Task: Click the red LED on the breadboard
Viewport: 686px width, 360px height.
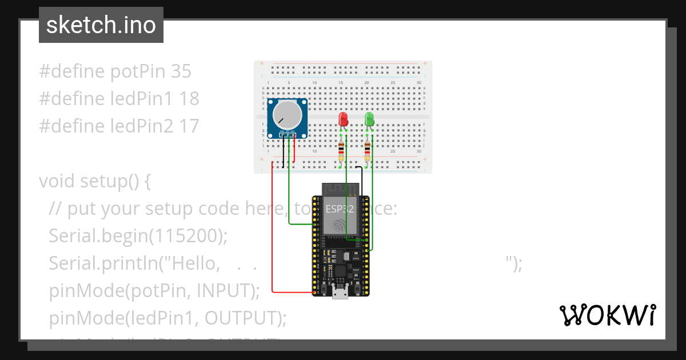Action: tap(344, 119)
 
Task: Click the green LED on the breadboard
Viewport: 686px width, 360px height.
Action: tap(369, 119)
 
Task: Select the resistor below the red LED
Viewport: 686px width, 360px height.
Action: tap(341, 151)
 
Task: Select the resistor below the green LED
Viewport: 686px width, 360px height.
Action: tap(367, 151)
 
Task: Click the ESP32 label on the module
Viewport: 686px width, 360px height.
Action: tap(340, 209)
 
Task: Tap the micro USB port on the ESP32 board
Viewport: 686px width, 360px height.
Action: tap(341, 293)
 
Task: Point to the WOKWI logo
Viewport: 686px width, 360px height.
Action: tap(607, 315)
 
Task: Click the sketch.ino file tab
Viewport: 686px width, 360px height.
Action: tap(101, 25)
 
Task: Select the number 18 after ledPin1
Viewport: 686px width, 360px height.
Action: tap(189, 99)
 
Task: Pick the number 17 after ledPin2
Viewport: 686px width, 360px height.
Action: tap(189, 126)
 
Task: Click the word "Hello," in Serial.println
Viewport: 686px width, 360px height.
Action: tap(197, 263)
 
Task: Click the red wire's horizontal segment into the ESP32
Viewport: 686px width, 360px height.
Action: tap(292, 293)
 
